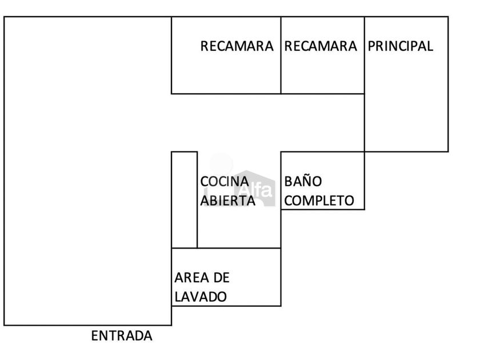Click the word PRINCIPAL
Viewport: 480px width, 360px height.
point(400,46)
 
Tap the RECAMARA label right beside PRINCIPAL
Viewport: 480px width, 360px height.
point(321,46)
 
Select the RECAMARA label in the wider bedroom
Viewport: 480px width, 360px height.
point(237,46)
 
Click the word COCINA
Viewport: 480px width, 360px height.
point(225,182)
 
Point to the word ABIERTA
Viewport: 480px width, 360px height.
point(228,201)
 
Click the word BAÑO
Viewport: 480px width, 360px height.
point(303,181)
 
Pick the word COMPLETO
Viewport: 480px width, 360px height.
point(319,201)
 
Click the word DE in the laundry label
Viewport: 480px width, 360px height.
point(221,278)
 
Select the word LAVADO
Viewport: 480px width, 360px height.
point(201,297)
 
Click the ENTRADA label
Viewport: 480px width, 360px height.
point(122,336)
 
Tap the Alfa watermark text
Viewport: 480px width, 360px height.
point(256,191)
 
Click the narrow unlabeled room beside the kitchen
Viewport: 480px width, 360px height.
point(184,199)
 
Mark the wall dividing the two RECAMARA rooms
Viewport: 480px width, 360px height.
point(281,55)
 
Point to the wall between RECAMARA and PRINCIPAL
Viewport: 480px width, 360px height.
point(365,55)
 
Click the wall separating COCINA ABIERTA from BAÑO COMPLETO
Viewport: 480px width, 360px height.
point(281,199)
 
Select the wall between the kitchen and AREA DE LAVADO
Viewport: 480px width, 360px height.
point(226,248)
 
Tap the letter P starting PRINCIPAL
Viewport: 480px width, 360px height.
point(371,46)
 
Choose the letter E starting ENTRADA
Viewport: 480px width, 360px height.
point(95,336)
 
